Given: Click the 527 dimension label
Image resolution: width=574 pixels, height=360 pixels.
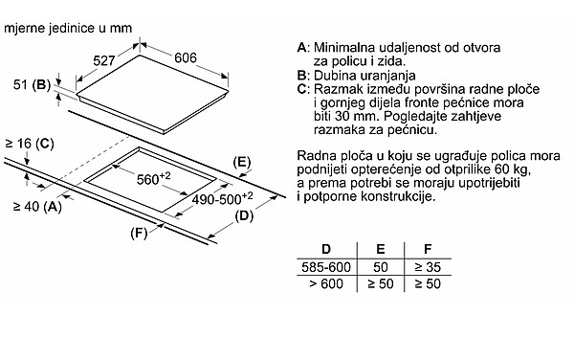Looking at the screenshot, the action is tap(104, 60).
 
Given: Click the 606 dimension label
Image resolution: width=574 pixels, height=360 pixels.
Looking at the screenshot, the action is tap(186, 57).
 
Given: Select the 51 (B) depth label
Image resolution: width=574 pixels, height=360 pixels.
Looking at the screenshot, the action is tap(32, 85).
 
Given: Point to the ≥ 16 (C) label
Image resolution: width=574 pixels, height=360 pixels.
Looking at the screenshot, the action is tap(30, 144).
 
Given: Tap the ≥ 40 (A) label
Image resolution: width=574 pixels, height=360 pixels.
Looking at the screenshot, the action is tap(37, 207).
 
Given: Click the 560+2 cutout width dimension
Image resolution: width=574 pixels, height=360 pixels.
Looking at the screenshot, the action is tap(153, 178).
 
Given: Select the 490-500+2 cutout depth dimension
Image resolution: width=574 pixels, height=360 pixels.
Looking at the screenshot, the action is tap(222, 198).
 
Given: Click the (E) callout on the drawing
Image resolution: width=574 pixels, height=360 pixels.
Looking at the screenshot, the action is tap(242, 162).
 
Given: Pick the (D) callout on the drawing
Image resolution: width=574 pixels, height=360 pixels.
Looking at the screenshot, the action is tap(244, 215).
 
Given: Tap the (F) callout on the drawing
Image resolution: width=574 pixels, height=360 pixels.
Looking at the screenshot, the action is tap(139, 233).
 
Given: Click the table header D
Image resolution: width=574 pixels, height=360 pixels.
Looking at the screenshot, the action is tap(326, 249).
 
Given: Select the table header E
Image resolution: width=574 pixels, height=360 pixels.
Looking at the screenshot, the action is tap(381, 249).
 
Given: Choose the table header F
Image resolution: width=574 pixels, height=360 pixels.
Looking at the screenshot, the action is tap(428, 249).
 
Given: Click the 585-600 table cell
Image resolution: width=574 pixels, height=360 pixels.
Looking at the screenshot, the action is tap(326, 267).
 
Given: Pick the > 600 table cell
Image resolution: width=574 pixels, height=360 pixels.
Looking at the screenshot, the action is tap(326, 283).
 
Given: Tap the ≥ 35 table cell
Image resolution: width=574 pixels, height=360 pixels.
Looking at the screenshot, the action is tap(428, 267).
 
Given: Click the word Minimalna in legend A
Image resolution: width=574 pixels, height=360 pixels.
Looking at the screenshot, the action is tap(344, 48).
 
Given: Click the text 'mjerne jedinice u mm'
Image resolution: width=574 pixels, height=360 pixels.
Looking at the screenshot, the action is tap(68, 28).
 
